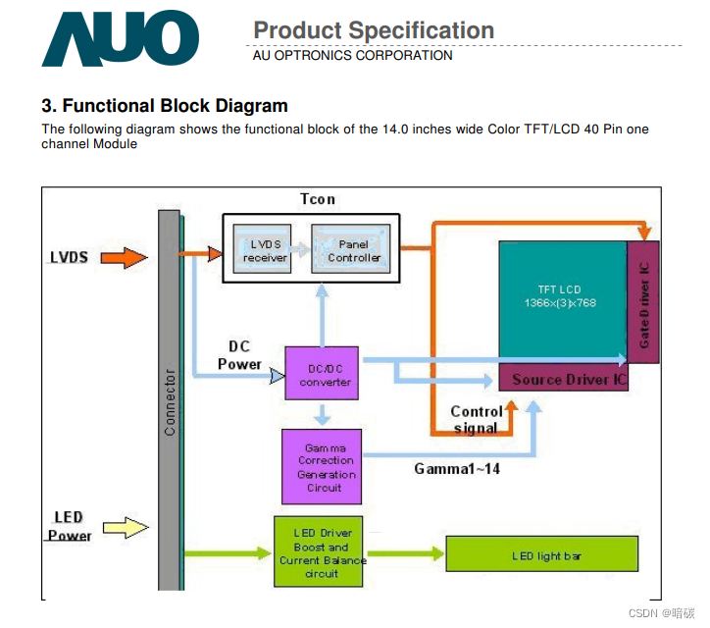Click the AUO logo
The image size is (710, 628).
[120, 38]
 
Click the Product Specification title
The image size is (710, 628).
[374, 30]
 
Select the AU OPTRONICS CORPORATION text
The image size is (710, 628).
[352, 56]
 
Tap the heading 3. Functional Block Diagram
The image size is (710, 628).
[165, 106]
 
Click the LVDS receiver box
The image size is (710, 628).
[266, 250]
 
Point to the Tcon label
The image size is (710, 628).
[318, 199]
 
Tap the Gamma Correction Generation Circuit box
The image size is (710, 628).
[322, 467]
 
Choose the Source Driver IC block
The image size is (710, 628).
[564, 379]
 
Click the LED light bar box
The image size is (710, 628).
[546, 555]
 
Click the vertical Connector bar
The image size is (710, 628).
[170, 400]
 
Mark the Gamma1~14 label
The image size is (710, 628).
[457, 469]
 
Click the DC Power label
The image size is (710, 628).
[239, 355]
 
